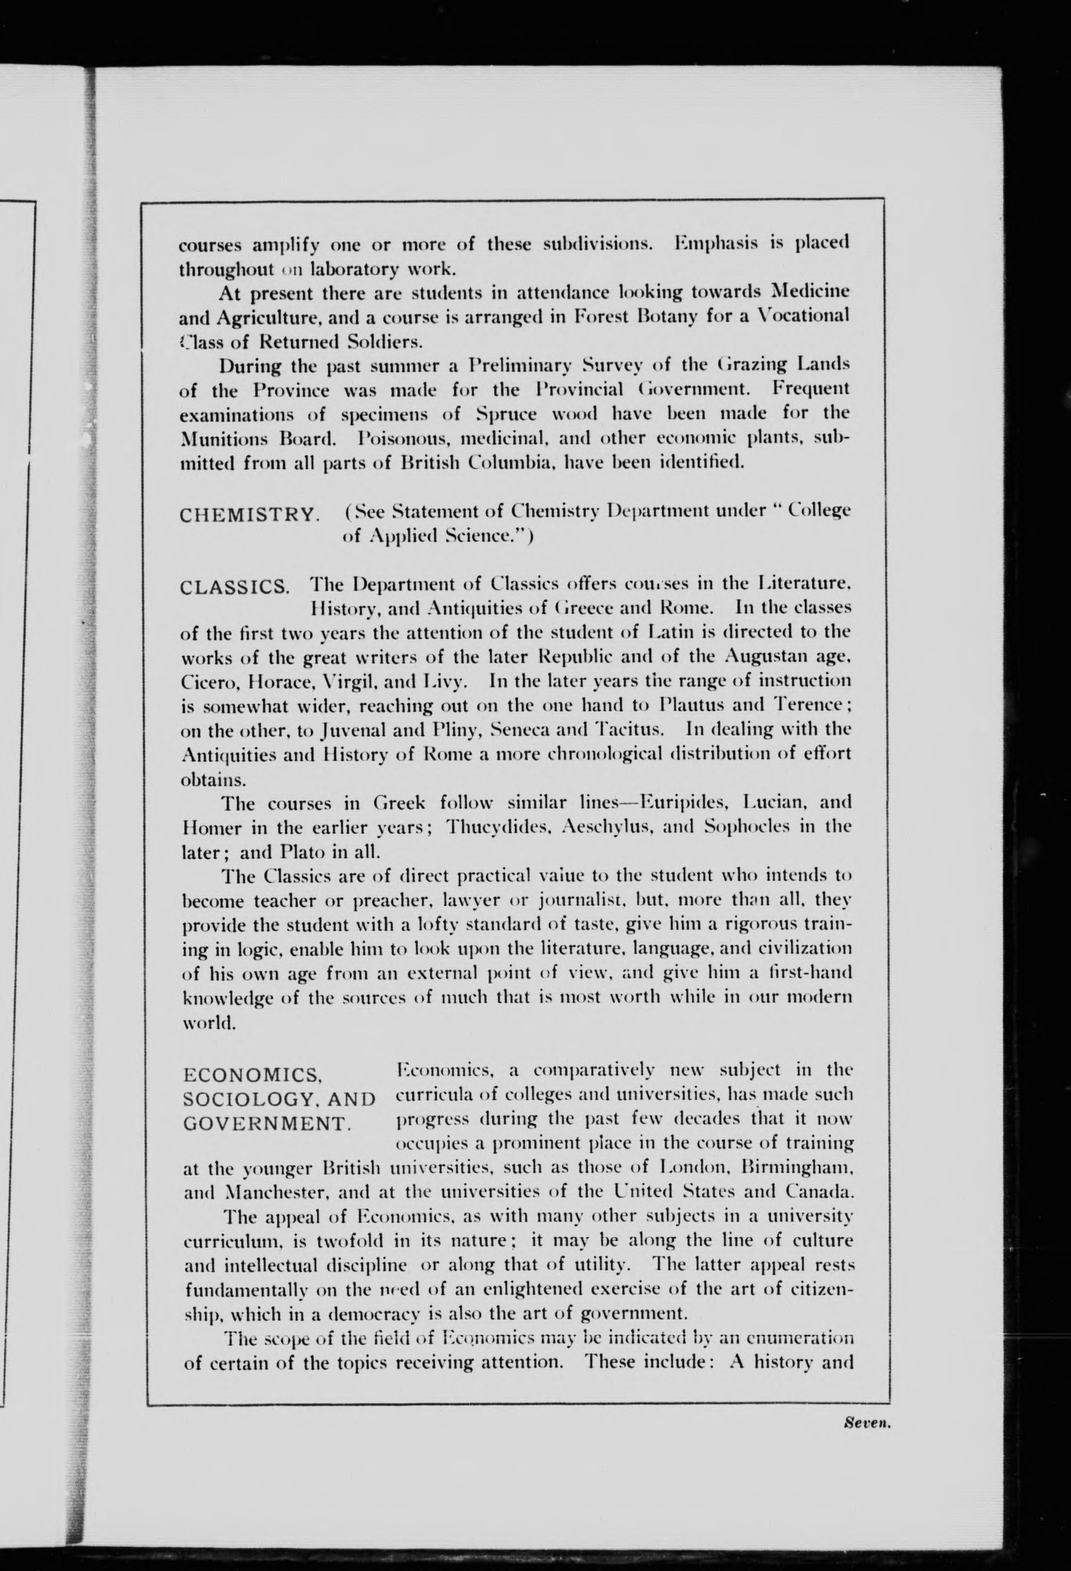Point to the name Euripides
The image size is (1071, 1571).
(x=683, y=802)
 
